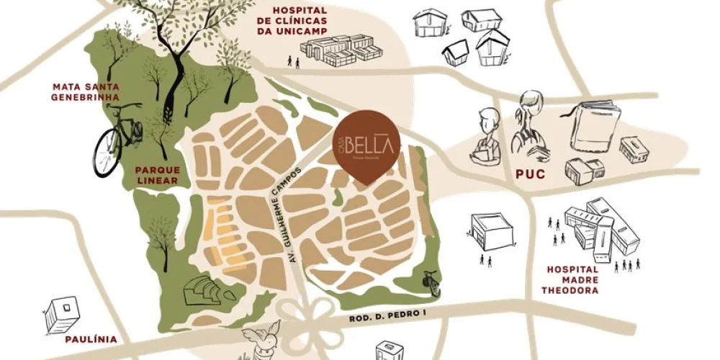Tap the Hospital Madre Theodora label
[x=572, y=279]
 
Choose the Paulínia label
[x=89, y=339]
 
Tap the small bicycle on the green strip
[x=431, y=282]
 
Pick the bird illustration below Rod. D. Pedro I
[x=260, y=341]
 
